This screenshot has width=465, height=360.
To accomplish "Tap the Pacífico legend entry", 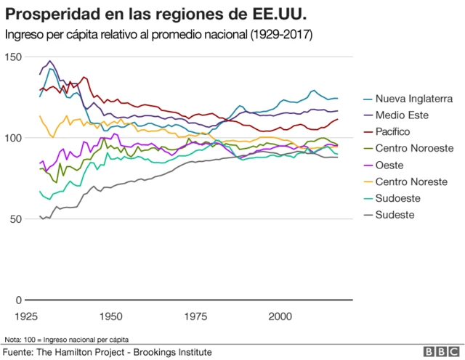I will coord(393,131).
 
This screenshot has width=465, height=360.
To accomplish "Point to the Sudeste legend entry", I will coord(395,215).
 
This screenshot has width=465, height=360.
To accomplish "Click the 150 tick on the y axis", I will coord(13,57).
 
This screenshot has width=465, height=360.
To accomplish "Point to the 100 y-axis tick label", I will coord(13,138).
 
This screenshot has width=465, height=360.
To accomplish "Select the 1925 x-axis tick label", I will coord(26,317).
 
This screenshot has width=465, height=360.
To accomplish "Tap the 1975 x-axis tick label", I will coord(195,317).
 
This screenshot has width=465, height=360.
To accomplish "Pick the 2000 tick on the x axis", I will coord(280,317).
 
